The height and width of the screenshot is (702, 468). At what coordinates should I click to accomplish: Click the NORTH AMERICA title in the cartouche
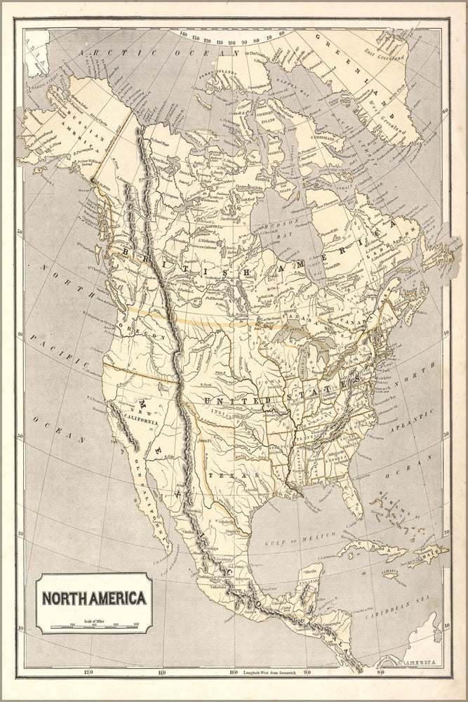click(94, 599)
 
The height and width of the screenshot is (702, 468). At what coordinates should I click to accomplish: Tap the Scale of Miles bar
click(103, 625)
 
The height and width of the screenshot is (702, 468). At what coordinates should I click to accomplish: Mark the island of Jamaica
click(391, 574)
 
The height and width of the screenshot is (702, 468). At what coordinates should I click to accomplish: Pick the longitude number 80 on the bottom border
click(380, 673)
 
